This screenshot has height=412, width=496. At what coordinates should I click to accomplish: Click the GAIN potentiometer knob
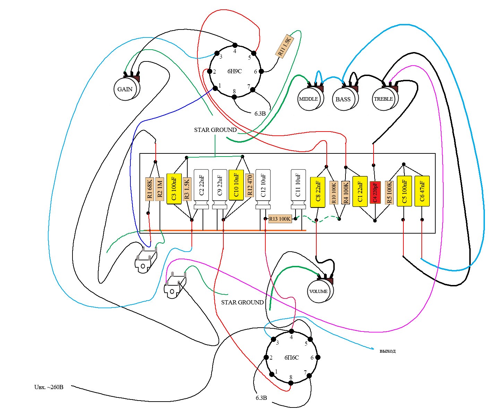click(x=125, y=89)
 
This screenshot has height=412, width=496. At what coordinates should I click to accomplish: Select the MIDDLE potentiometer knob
click(x=309, y=99)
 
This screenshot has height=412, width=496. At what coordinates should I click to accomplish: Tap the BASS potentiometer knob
click(x=343, y=99)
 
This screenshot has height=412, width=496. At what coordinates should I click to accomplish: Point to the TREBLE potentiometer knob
click(x=383, y=99)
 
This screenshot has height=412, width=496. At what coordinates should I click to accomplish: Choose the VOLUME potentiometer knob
click(x=318, y=291)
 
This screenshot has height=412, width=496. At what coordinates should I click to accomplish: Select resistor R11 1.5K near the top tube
click(x=284, y=45)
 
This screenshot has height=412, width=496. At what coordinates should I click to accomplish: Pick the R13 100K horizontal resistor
click(x=280, y=219)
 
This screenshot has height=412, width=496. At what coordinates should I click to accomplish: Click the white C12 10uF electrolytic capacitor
click(x=263, y=189)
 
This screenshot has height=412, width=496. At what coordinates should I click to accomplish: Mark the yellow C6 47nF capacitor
click(x=422, y=191)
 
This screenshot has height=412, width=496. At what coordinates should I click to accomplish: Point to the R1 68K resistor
click(x=149, y=189)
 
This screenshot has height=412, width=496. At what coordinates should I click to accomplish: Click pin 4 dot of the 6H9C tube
click(x=235, y=45)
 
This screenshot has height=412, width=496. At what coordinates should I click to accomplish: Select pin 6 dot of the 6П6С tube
click(x=317, y=357)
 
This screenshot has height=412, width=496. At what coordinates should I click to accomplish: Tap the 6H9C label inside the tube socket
click(x=234, y=72)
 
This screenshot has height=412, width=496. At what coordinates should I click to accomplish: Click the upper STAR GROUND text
click(x=215, y=130)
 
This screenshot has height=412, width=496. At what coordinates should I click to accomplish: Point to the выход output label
click(x=387, y=351)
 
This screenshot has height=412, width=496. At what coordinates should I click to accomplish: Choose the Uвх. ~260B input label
click(x=49, y=387)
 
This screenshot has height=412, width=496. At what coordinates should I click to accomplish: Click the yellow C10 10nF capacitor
click(x=236, y=185)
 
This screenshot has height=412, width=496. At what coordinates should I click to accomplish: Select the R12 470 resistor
click(x=249, y=185)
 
